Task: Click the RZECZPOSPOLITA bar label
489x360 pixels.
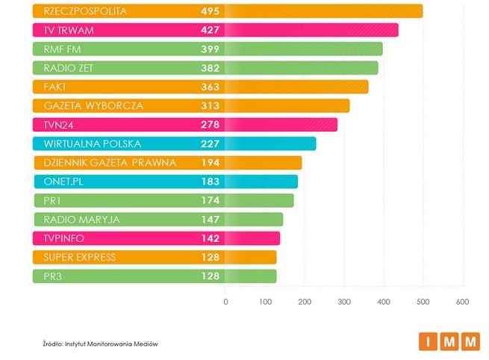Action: click(86, 11)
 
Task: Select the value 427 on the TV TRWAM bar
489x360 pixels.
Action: click(210, 31)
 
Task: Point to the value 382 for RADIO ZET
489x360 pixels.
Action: click(210, 68)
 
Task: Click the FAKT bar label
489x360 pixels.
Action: click(56, 87)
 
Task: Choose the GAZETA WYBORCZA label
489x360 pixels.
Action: click(93, 106)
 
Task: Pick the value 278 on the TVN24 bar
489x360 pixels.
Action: click(210, 125)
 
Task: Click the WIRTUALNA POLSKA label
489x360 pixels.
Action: click(93, 143)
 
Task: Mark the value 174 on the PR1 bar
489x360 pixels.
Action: click(210, 200)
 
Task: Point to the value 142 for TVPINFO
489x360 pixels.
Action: click(210, 238)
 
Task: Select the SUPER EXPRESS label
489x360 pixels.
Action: click(80, 257)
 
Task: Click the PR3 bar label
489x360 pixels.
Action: click(54, 276)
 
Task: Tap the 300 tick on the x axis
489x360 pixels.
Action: click(344, 301)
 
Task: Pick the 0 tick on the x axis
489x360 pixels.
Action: click(225, 301)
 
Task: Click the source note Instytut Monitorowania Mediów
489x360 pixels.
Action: click(101, 344)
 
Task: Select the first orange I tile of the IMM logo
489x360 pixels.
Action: click(428, 342)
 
